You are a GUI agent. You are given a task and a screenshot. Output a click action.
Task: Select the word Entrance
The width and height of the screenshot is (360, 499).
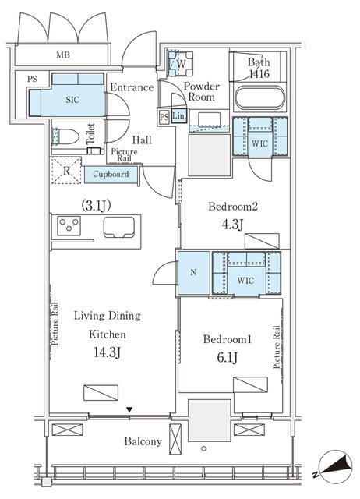131,87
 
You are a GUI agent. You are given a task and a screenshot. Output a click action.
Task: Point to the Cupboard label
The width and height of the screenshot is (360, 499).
111,174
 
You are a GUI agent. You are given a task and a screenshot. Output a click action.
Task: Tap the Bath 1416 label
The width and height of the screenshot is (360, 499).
259,69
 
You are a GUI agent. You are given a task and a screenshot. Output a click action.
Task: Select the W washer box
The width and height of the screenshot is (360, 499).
180,63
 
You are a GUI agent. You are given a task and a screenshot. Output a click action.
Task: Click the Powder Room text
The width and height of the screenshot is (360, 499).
201,92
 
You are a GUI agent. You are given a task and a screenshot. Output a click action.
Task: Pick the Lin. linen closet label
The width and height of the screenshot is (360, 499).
178,117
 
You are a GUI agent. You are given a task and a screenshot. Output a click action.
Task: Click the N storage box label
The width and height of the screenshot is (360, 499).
193,273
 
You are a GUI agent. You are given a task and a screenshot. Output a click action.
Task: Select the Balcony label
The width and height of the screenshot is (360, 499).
143,441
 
